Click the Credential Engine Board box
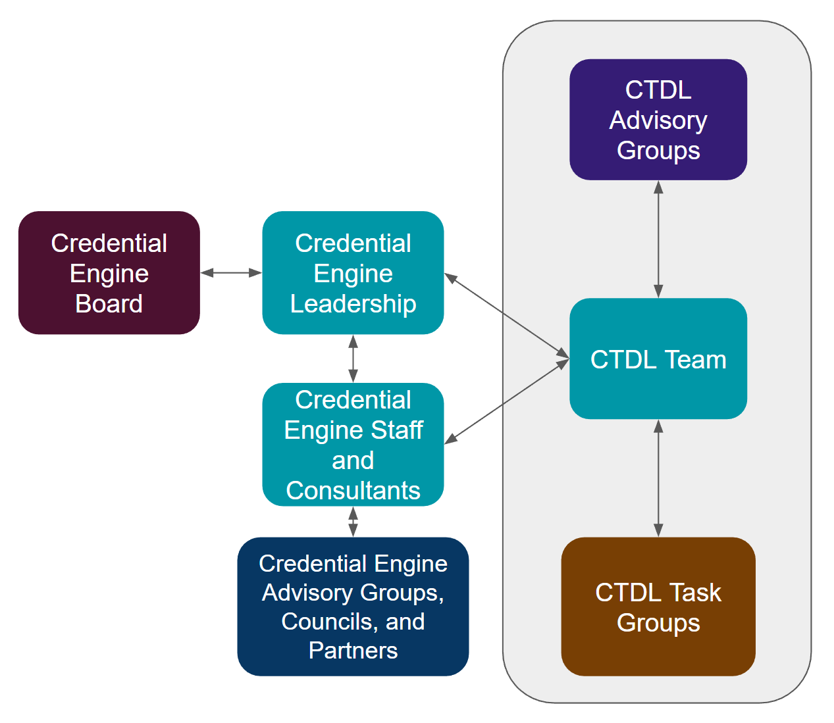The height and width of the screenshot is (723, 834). (x=109, y=272)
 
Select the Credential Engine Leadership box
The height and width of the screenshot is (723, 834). (x=353, y=272)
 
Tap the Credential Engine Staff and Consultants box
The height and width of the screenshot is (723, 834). (x=353, y=444)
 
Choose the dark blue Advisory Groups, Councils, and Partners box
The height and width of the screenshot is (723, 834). (x=353, y=606)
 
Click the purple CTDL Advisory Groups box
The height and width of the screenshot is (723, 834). (x=658, y=120)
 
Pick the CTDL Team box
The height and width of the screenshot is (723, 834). (x=658, y=359)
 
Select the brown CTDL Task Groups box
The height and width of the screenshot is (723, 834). (x=658, y=606)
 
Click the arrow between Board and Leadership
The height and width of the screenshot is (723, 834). (x=231, y=272)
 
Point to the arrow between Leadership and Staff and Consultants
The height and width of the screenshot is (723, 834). (x=353, y=359)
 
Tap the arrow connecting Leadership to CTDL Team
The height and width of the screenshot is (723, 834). (x=507, y=316)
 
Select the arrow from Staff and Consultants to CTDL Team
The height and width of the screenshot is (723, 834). (x=507, y=400)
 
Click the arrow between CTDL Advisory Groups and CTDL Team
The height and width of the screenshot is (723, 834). (x=658, y=239)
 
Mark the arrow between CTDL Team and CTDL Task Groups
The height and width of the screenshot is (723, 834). (x=658, y=478)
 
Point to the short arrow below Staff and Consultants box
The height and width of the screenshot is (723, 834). (x=353, y=522)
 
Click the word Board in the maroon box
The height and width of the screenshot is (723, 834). (x=109, y=304)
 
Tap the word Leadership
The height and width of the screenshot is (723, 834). (x=353, y=304)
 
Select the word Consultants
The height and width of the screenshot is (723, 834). (x=353, y=491)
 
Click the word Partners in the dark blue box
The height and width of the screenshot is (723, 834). (x=353, y=651)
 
